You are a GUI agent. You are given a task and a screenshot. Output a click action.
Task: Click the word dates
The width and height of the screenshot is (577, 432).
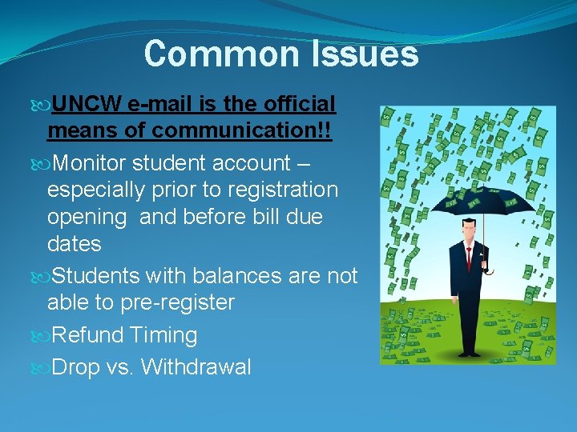click(x=74, y=244)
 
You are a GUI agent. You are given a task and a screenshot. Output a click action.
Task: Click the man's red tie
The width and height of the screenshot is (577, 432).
click(x=469, y=260)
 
